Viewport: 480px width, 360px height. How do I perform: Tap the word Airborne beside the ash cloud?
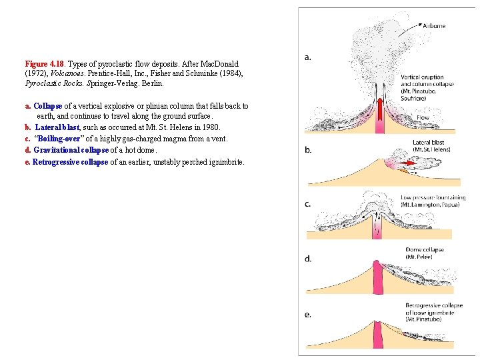coord(434,26)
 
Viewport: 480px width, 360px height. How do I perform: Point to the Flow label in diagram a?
coord(423,117)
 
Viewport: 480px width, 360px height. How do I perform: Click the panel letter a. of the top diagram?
coord(308,57)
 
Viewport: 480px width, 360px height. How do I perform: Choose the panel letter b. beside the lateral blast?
coord(308,150)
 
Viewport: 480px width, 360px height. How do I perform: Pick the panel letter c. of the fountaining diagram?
coord(308,204)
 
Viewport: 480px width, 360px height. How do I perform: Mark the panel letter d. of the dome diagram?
coord(308,259)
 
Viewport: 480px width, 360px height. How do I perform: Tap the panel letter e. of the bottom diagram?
coord(308,314)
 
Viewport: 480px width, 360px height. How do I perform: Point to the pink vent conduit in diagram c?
coord(378,231)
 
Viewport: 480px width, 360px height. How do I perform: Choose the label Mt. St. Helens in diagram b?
coord(431,149)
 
